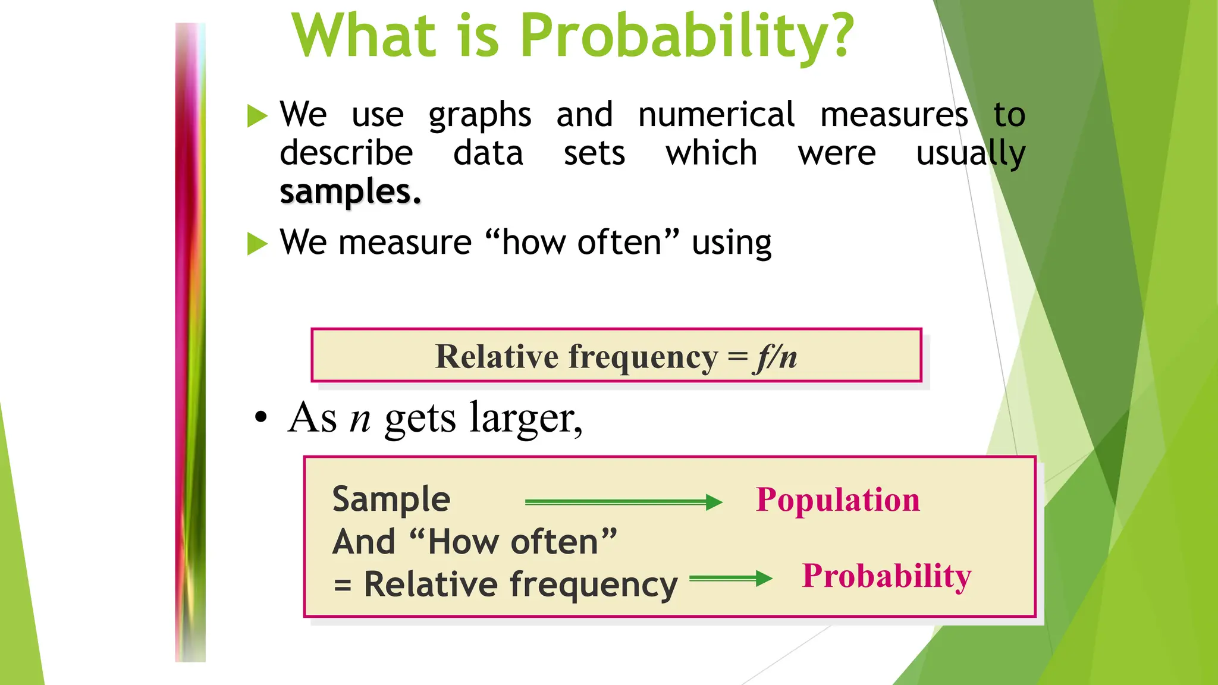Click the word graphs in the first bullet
pos(479,115)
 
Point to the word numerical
pos(715,114)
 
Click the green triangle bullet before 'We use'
pos(257,115)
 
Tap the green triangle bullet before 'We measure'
pos(257,243)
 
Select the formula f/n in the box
pos(775,357)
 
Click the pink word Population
pos(837,499)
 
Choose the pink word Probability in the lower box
pos(886,576)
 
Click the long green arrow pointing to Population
pos(623,502)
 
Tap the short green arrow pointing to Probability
pos(730,578)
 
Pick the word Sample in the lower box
pos(391,499)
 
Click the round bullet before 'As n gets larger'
pos(260,417)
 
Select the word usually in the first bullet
pos(971,154)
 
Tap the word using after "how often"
pos(731,243)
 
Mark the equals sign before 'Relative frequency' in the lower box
pos(342,585)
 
